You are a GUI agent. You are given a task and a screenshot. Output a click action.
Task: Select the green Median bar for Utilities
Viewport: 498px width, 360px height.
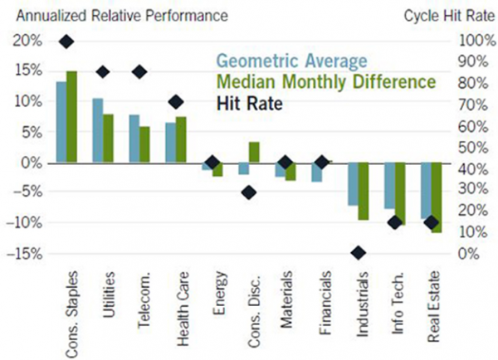coord(108,138)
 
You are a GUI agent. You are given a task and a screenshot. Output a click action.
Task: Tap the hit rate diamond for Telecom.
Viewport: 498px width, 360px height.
coord(139,71)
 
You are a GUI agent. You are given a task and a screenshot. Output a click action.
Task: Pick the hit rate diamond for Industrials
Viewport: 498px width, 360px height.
coord(359,253)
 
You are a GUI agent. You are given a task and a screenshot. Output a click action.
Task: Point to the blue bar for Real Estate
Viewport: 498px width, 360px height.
coord(426,190)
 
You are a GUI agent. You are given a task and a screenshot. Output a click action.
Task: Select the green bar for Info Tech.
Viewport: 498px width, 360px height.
coord(399,194)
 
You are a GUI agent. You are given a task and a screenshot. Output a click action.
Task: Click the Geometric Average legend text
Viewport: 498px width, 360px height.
coord(290,61)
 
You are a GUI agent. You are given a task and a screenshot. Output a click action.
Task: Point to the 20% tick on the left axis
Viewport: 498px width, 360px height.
coord(26,41)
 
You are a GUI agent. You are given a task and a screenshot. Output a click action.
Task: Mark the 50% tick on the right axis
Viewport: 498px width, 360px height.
coord(476,147)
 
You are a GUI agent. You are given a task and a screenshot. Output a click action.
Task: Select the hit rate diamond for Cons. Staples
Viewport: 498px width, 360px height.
coord(66,41)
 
